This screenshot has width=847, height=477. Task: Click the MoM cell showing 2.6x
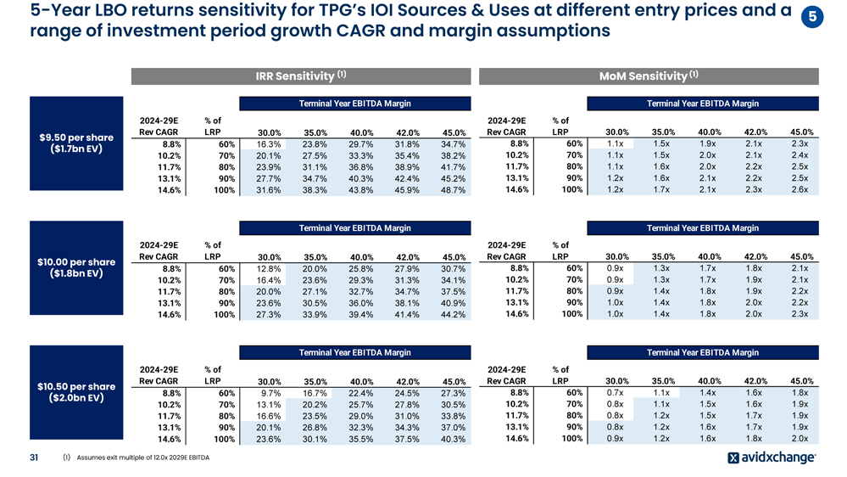coord(800,189)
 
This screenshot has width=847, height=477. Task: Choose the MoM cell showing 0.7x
coord(616,393)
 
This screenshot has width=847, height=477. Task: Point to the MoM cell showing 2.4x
coord(800,155)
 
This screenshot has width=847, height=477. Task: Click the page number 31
coord(35,458)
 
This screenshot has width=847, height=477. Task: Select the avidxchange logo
coord(772,458)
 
